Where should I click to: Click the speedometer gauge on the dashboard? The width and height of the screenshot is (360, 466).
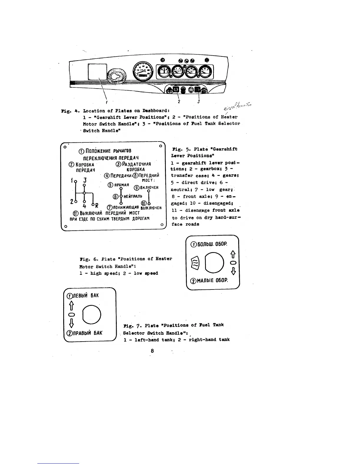coord(143,71)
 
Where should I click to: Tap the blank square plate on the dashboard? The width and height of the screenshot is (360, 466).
coord(97,72)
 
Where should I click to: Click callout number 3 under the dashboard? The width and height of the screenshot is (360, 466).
coord(199,101)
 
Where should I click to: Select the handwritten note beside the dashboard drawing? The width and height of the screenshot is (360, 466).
coord(239,106)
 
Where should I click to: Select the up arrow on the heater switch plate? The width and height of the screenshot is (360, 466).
coord(234,254)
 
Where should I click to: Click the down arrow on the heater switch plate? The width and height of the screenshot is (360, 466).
coord(234,271)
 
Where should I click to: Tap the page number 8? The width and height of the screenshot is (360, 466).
coord(152,351)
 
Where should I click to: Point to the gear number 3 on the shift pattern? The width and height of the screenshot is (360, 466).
coord(84,180)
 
